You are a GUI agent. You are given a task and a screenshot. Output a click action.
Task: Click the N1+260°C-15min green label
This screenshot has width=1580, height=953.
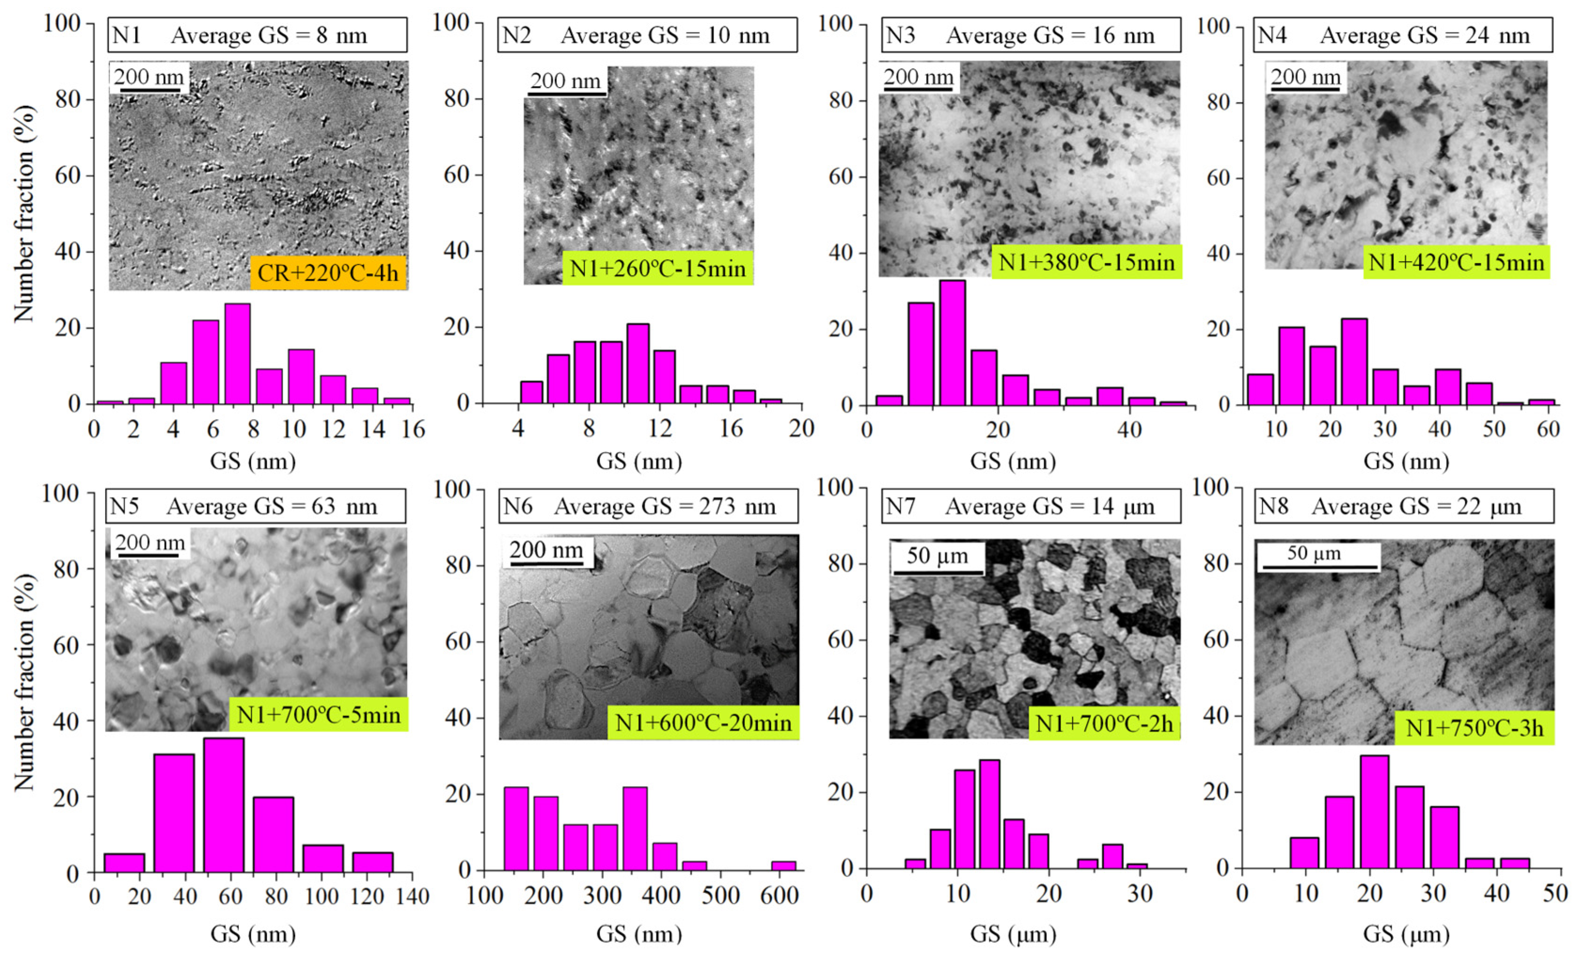click(657, 268)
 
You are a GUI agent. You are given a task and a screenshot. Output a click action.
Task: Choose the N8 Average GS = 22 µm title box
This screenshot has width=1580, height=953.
click(1404, 506)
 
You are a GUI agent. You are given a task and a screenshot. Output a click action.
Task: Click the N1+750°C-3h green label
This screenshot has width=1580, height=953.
click(1474, 728)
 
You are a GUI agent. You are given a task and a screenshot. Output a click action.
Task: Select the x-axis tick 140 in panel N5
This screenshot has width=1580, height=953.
click(411, 896)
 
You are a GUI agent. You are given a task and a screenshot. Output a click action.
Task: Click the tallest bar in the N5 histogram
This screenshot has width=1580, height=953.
click(224, 805)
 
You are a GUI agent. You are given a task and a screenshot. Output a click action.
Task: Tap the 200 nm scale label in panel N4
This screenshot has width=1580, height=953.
click(1305, 78)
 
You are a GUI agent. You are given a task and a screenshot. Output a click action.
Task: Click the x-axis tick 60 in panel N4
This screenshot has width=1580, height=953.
click(1548, 429)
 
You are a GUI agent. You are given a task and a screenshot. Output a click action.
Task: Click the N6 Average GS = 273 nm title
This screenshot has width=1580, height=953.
click(648, 506)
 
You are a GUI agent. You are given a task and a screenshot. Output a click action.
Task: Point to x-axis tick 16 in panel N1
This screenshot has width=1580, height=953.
click(413, 429)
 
